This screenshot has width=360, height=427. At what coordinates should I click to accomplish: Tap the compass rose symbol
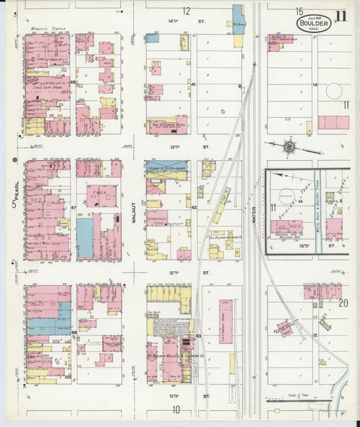tap(289, 147)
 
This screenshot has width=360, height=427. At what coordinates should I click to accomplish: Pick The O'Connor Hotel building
tap(167, 125)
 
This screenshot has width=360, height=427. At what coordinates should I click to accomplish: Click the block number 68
tap(72, 83)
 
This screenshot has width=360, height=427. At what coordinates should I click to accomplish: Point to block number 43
tap(198, 336)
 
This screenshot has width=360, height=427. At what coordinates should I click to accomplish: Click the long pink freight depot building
tap(226, 322)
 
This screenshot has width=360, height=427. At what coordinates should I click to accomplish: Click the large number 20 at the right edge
tap(343, 303)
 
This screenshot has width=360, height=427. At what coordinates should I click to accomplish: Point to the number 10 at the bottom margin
tap(177, 409)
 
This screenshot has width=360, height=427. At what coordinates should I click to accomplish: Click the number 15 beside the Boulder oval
tap(298, 11)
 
